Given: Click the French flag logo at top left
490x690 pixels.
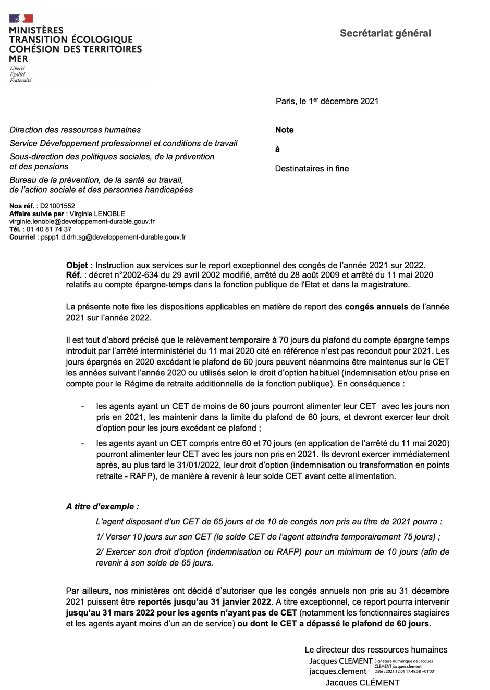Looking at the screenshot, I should point(21,18).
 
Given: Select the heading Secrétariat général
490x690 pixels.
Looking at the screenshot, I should point(385,33).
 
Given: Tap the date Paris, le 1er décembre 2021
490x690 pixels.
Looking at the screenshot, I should point(327,101).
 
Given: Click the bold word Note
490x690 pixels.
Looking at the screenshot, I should point(284,130).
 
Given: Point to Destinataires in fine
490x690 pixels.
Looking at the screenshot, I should point(312,168).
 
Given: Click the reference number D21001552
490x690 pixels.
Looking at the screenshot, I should point(57,206).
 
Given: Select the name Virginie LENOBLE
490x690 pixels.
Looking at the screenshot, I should point(97,214).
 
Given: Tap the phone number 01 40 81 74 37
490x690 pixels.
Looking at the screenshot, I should point(49,229).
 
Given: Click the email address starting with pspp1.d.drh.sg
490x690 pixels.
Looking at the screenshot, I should point(113,237).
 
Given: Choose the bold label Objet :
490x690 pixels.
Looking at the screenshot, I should point(79,265).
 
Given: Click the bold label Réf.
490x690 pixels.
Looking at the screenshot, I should point(73,275).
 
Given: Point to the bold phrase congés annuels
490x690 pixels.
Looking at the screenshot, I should point(376,307).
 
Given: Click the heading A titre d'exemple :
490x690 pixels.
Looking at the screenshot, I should point(102,506).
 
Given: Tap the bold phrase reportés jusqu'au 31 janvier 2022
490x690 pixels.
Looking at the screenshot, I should point(204,602).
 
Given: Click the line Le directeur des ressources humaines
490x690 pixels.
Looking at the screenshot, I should point(376,649).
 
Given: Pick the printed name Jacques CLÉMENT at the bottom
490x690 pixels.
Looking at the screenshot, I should point(362,682).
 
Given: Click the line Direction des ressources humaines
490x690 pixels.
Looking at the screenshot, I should point(75,130).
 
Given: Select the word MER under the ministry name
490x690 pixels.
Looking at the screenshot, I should point(19,59).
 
